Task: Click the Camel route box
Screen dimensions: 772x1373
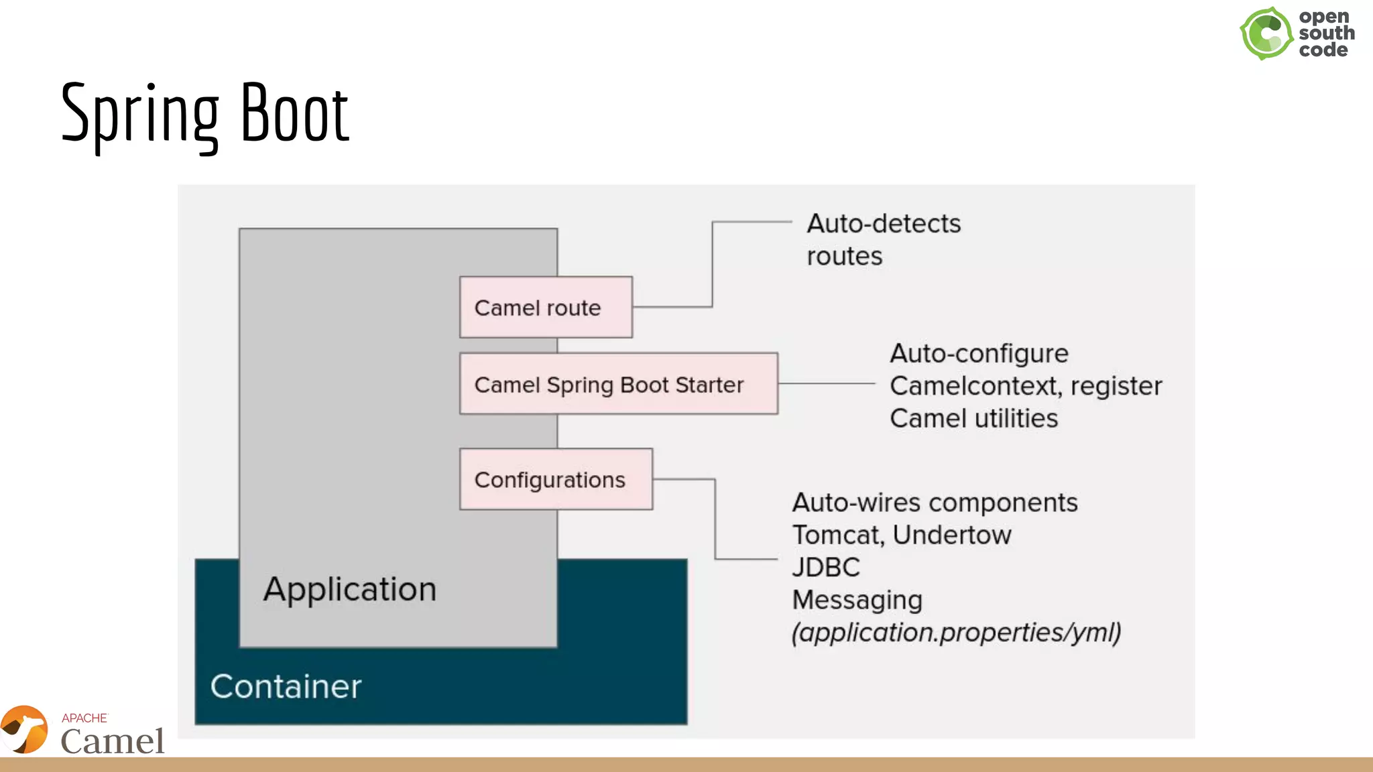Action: (546, 308)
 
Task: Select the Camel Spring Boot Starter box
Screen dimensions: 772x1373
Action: (618, 385)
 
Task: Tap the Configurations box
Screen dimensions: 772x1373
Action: (556, 480)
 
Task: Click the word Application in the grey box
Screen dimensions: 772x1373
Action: (349, 590)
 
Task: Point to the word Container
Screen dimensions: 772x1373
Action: (286, 687)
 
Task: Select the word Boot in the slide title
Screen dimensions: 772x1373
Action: (295, 114)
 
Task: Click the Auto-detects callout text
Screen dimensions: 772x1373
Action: (883, 224)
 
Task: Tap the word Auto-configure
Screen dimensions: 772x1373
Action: (979, 354)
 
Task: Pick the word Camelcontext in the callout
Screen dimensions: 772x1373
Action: (975, 387)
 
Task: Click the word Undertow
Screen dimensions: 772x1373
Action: (952, 535)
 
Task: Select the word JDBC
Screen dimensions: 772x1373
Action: (826, 568)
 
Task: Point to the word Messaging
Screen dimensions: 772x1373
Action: (857, 600)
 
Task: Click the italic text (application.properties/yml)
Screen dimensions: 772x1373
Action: (956, 633)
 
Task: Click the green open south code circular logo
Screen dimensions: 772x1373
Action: (1266, 34)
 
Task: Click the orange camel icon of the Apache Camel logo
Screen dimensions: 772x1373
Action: (25, 730)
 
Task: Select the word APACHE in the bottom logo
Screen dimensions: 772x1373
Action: (84, 718)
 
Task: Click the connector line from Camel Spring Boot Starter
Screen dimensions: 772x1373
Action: (826, 384)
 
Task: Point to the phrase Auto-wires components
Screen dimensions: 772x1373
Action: (935, 503)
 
